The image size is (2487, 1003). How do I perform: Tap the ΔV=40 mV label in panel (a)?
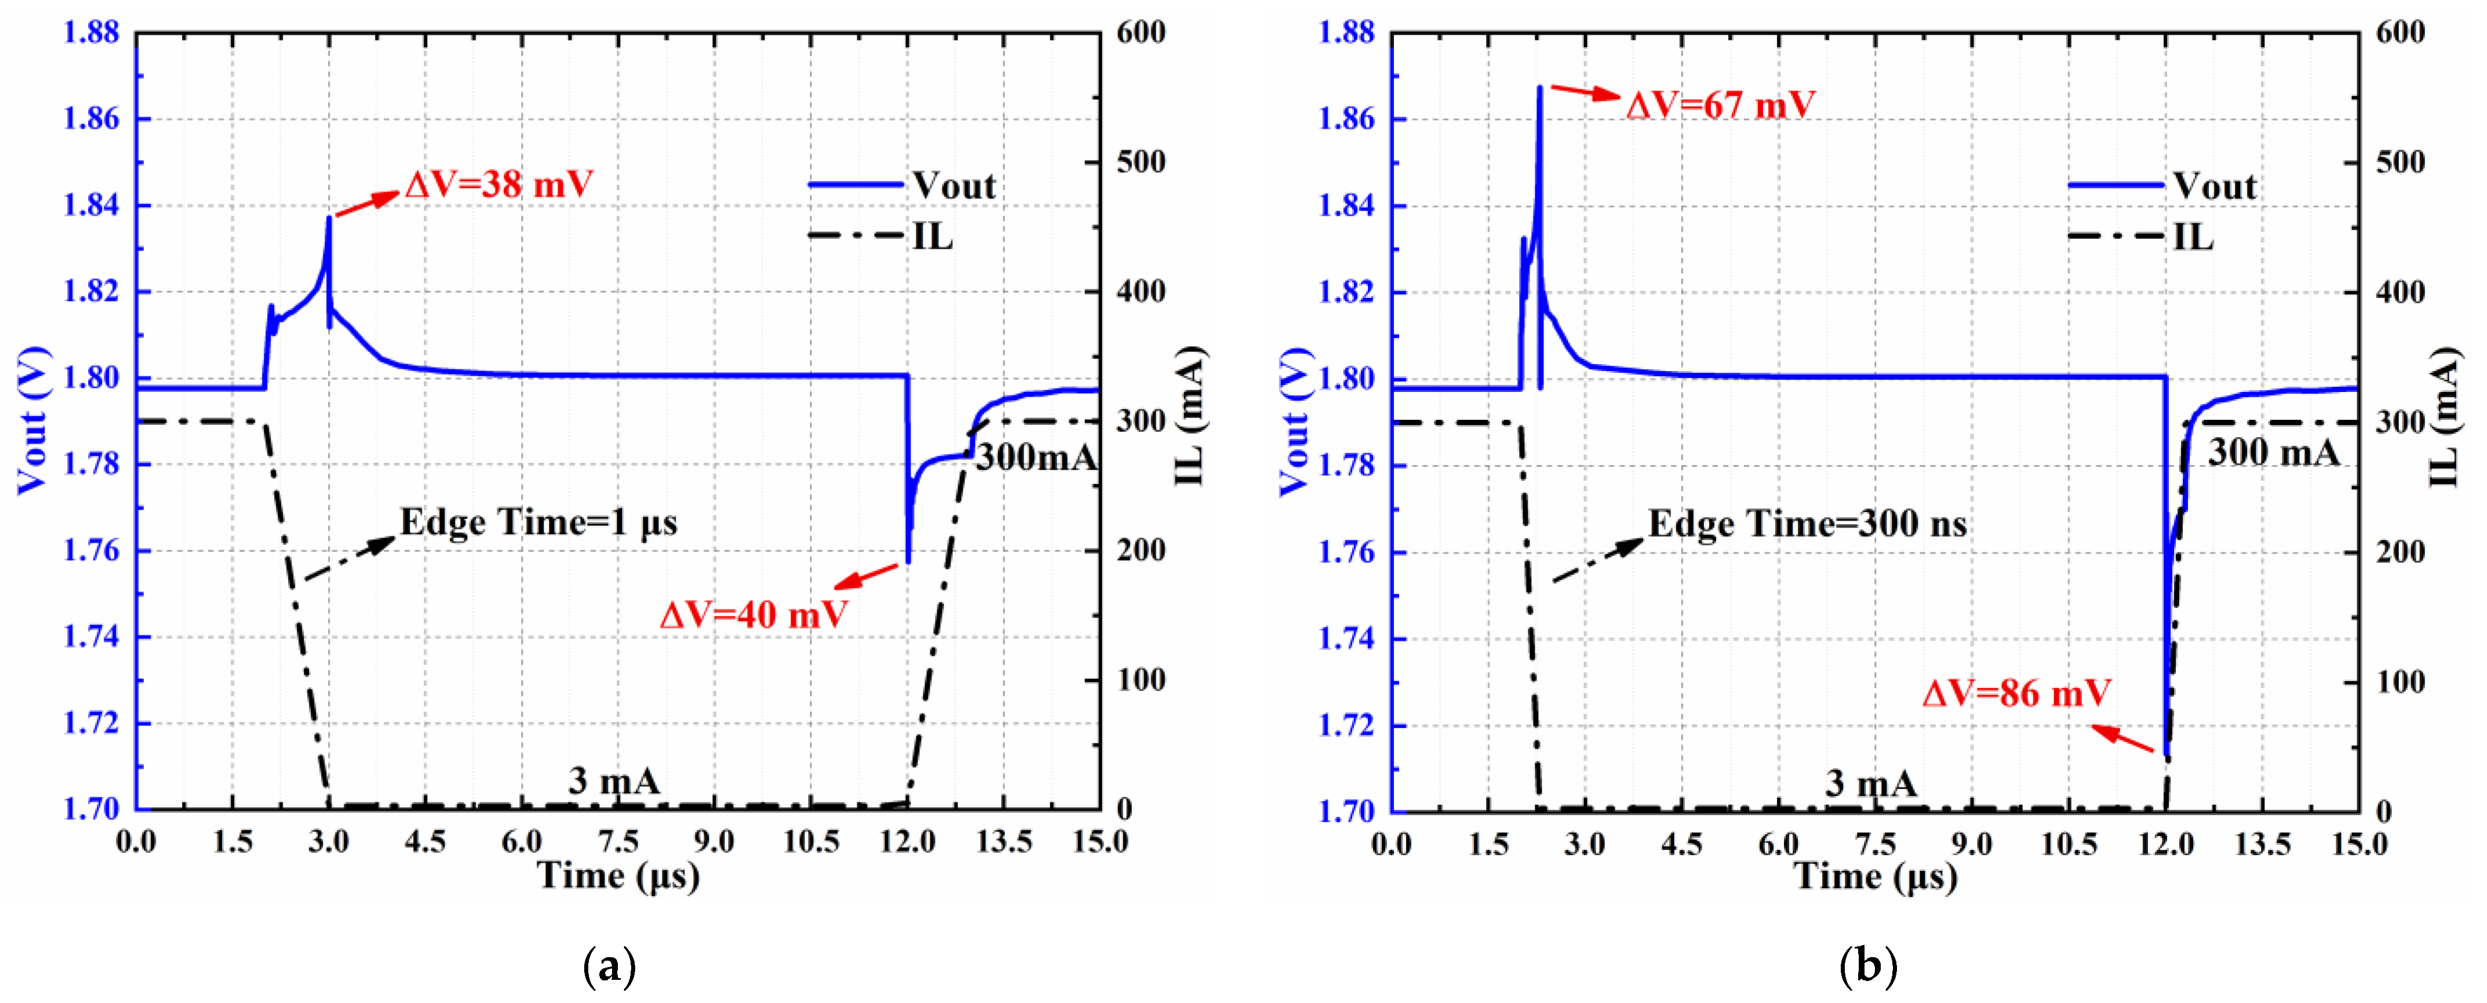point(753,614)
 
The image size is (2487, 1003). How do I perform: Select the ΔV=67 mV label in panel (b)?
point(1720,104)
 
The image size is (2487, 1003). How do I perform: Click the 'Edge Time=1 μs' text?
point(538,522)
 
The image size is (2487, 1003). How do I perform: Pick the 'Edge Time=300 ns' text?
point(1807,524)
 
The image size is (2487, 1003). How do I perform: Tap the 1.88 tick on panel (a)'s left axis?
point(91,33)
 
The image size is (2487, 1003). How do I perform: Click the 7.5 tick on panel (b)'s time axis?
point(1875,843)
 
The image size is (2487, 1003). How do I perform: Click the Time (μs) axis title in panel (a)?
point(618,875)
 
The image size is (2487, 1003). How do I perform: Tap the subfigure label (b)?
point(1868,965)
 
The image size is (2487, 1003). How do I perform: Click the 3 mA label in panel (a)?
point(614,780)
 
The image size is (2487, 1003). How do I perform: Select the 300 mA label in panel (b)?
point(2274,452)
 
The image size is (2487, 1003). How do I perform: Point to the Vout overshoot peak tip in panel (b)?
point(1540,88)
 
